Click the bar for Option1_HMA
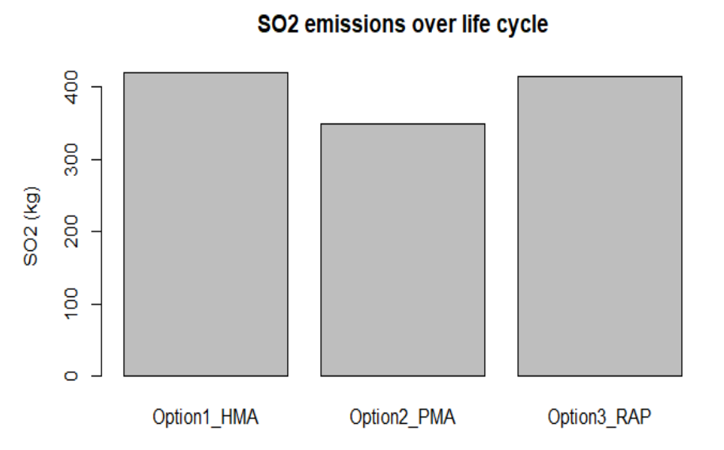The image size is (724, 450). (206, 224)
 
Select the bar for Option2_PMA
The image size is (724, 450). (403, 250)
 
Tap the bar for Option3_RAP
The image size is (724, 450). (600, 226)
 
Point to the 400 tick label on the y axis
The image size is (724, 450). (70, 87)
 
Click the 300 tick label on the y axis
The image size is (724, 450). (70, 159)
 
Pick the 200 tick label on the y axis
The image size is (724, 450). (70, 231)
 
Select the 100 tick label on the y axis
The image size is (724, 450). (70, 304)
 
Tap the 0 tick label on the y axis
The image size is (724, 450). (70, 376)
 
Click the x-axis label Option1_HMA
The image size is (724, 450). (206, 418)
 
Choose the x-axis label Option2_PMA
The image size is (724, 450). (403, 418)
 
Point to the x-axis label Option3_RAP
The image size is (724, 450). (599, 418)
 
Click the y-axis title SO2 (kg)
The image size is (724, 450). (31, 226)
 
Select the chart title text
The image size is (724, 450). (403, 24)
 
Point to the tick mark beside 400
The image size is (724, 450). (97, 87)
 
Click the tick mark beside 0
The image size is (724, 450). (97, 376)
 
